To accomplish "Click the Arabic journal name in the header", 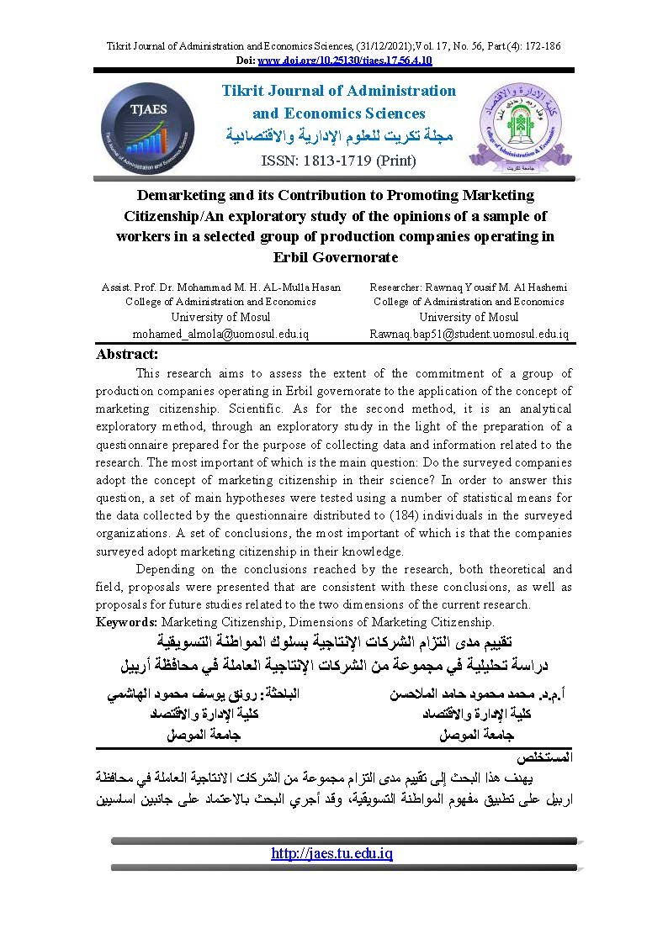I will pos(339,135).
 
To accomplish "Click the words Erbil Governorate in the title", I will pos(335,256).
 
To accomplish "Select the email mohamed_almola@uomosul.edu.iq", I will pos(220,334).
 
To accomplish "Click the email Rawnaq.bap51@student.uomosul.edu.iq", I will pos(469,334).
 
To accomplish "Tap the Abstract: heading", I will pos(127,354).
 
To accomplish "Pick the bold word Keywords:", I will pos(127,622).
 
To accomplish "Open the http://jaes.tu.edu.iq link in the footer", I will pos(332,853).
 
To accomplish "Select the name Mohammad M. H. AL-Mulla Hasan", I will pos(268,287).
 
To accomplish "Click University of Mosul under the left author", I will pos(220,317).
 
